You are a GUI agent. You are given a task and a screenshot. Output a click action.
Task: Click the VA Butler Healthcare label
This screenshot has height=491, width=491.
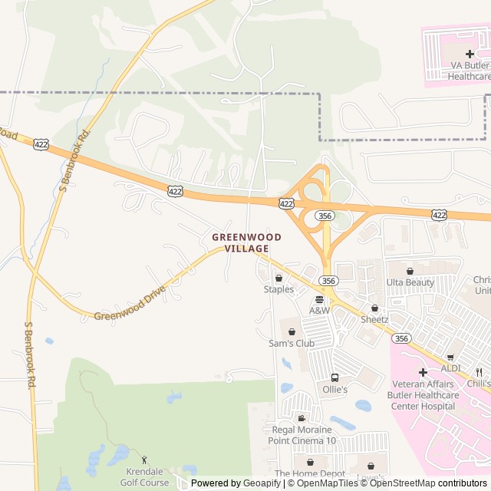[x=470, y=71]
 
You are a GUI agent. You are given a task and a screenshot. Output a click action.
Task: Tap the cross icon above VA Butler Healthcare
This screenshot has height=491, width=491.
[x=470, y=54]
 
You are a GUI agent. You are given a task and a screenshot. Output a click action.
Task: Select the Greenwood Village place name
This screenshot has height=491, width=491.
[x=246, y=243]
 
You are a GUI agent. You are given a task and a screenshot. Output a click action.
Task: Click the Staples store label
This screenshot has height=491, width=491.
[x=278, y=289]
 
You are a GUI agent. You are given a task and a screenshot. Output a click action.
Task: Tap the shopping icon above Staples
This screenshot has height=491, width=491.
[x=278, y=278]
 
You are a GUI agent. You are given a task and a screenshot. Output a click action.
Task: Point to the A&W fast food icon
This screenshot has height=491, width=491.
[x=319, y=299]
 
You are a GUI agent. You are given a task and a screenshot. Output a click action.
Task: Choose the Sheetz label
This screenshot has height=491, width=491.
[x=374, y=319]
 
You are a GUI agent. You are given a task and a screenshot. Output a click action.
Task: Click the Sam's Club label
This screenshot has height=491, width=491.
[x=292, y=343]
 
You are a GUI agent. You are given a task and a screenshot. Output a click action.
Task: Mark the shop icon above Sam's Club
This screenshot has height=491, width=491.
[x=292, y=331]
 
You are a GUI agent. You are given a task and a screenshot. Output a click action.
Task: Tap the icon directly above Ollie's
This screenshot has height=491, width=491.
[x=334, y=377]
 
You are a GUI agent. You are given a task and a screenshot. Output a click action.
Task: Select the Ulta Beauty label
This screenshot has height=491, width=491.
[x=410, y=282]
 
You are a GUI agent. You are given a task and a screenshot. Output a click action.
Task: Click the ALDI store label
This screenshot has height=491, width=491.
[x=450, y=368]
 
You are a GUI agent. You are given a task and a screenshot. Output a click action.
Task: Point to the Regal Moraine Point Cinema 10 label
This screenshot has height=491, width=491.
[x=302, y=435]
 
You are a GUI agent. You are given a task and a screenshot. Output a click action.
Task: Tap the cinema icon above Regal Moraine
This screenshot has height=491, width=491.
[x=302, y=418]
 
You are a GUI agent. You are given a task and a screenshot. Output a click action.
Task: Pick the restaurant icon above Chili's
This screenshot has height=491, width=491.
[x=479, y=372]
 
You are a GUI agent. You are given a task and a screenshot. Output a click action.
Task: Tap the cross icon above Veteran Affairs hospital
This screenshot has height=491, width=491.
[x=423, y=372]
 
